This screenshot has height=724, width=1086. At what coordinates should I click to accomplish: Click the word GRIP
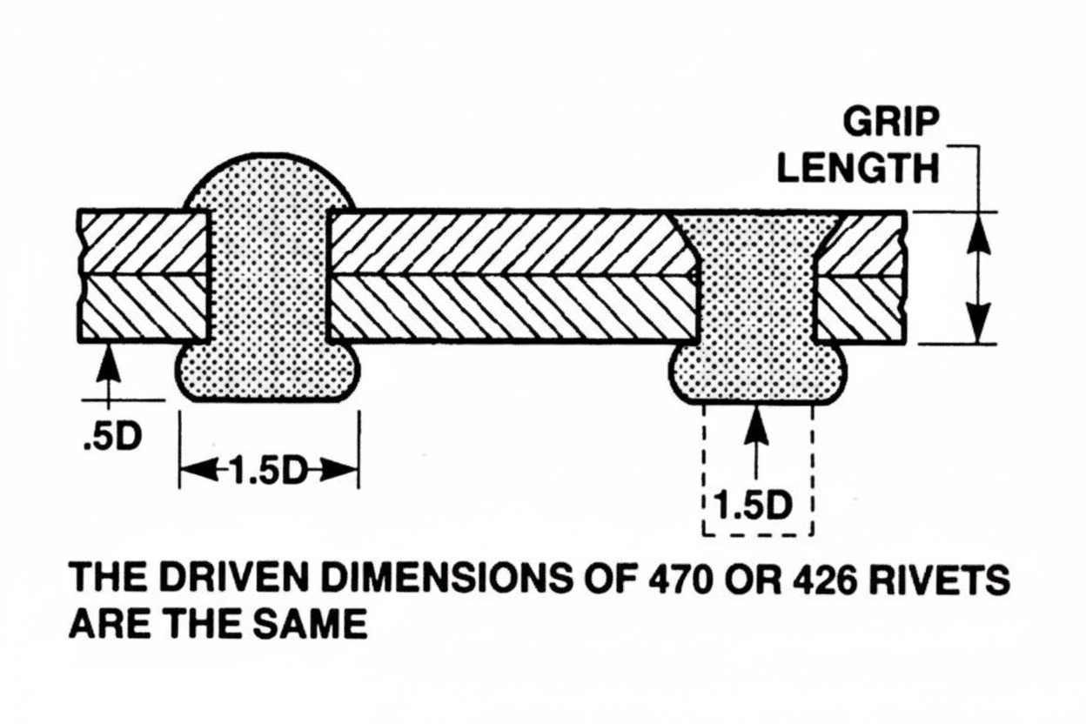(x=891, y=124)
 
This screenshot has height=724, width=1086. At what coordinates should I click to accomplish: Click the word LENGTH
(x=858, y=168)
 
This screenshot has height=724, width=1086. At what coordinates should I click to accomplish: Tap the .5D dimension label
(x=111, y=436)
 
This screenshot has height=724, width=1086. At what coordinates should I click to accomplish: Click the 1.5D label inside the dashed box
(x=754, y=506)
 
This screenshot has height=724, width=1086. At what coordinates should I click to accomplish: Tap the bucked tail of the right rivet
(x=758, y=372)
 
